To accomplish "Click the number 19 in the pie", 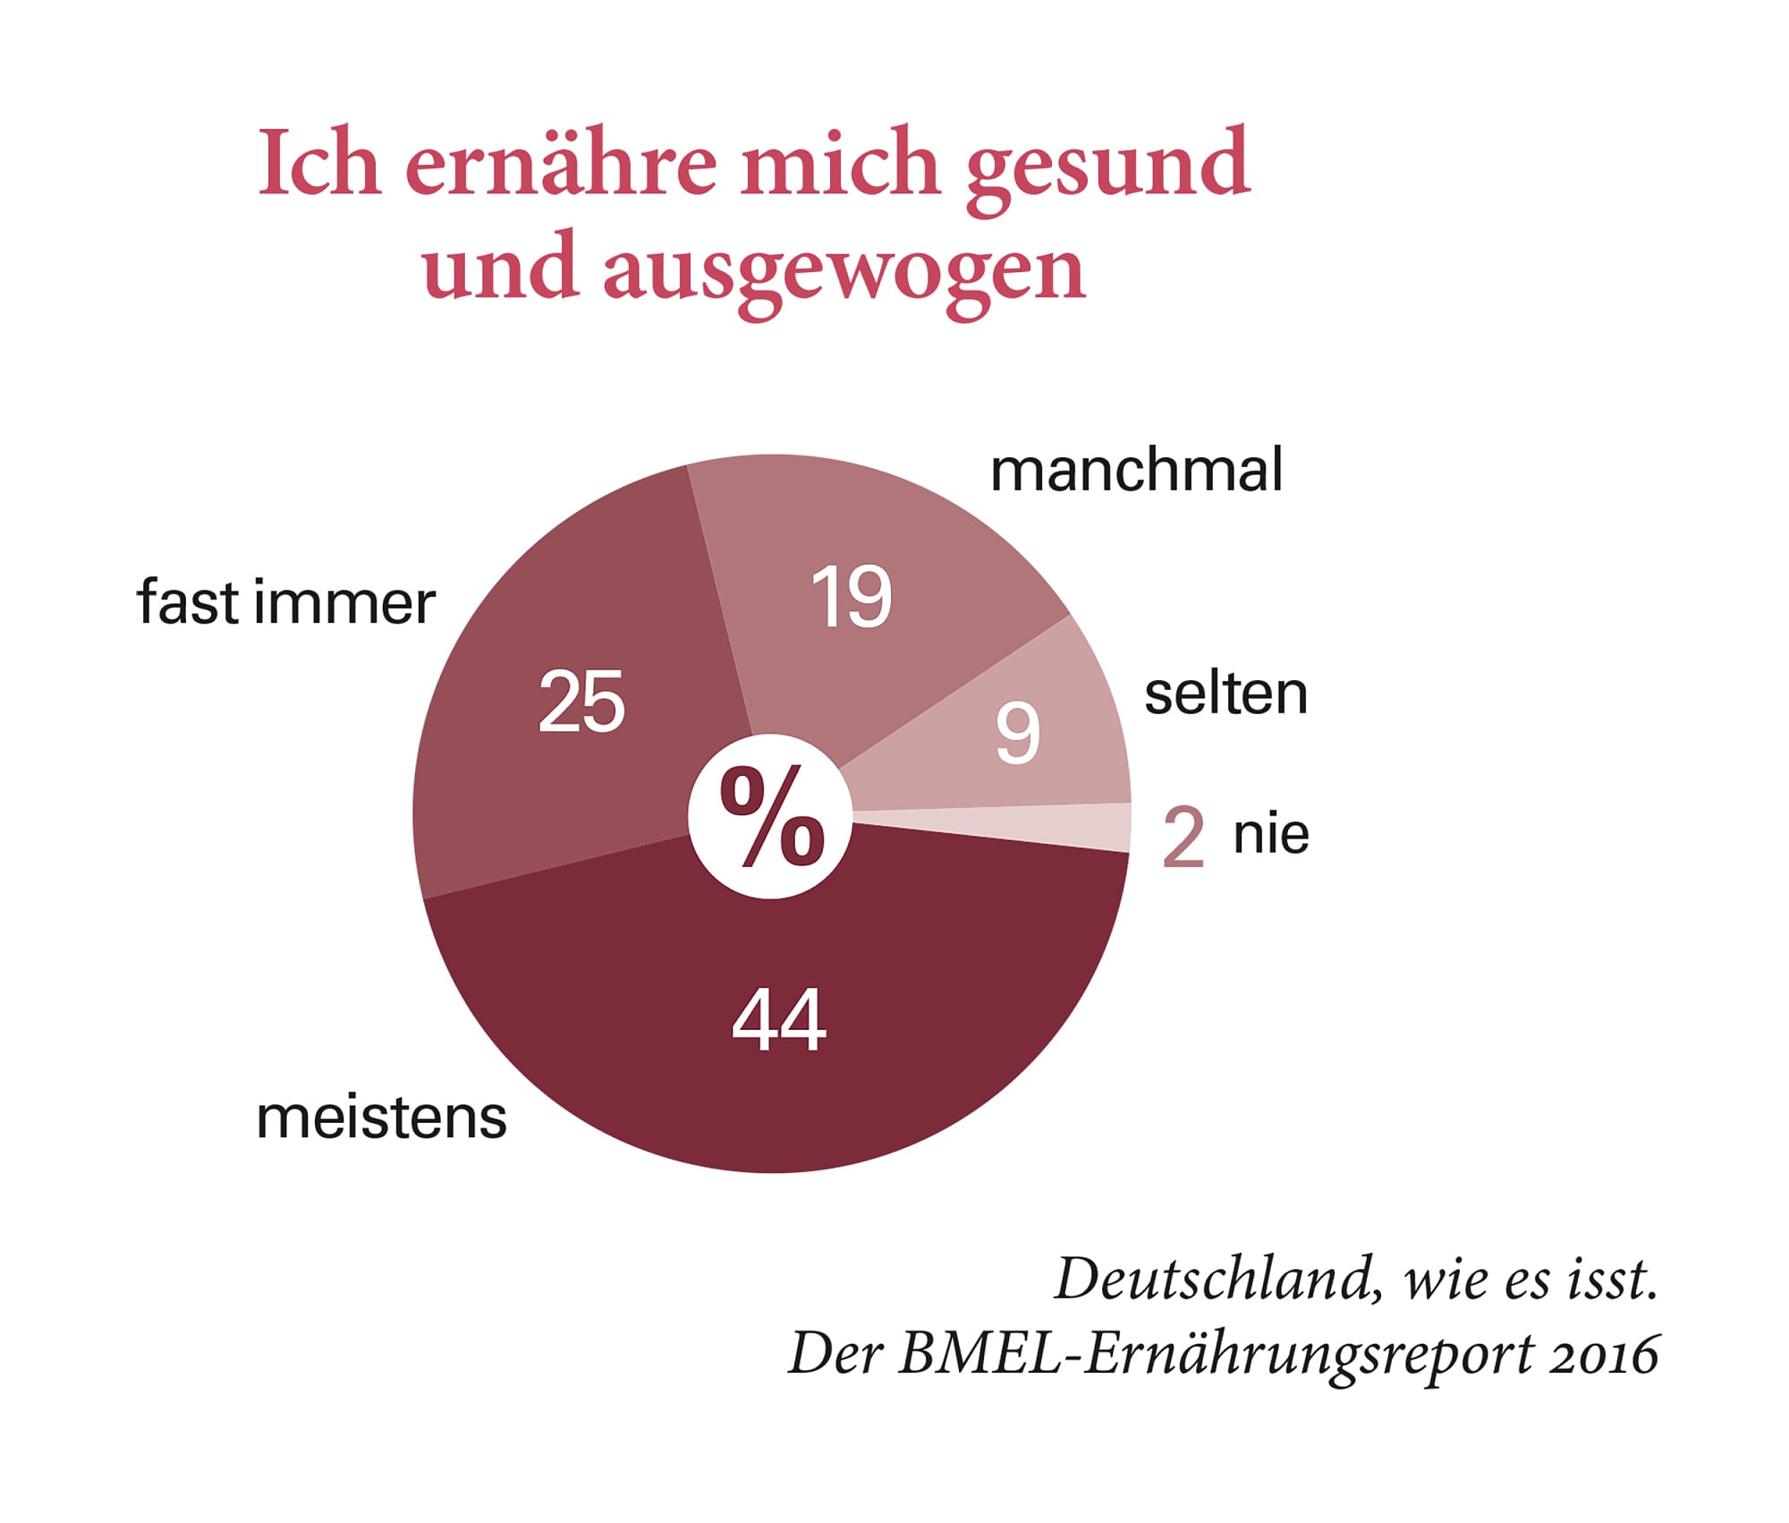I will (x=851, y=597).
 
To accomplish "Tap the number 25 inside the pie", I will (x=581, y=702).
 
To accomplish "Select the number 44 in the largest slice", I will (x=778, y=1020).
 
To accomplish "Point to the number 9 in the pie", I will (x=1018, y=733).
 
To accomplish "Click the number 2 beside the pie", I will (x=1183, y=838).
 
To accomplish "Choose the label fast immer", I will (x=285, y=602).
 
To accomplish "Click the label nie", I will (x=1271, y=834).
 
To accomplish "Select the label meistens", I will (x=381, y=1118).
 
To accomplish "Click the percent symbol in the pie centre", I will (x=771, y=816).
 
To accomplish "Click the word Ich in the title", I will (x=318, y=163).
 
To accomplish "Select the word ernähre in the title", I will (x=561, y=163).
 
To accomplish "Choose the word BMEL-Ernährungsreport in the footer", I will (x=1217, y=1356).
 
